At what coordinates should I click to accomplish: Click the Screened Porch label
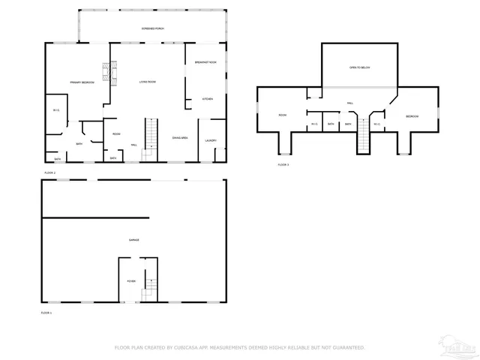point(153,28)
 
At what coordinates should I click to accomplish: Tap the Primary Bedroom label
point(82,82)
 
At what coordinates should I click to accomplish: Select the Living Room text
point(147,82)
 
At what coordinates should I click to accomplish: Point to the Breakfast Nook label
point(205,62)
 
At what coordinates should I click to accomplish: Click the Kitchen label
point(207,99)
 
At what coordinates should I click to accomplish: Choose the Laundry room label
point(211,140)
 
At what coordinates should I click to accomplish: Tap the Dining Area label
point(180,138)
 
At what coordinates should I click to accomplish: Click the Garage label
point(133,240)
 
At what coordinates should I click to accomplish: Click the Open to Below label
point(359,67)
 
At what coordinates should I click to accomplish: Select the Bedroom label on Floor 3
point(412,116)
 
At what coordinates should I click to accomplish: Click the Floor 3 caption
point(283,164)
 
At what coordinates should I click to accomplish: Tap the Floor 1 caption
point(46,312)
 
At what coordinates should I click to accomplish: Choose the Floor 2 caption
point(49,172)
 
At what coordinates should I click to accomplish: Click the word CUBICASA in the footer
point(185,348)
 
